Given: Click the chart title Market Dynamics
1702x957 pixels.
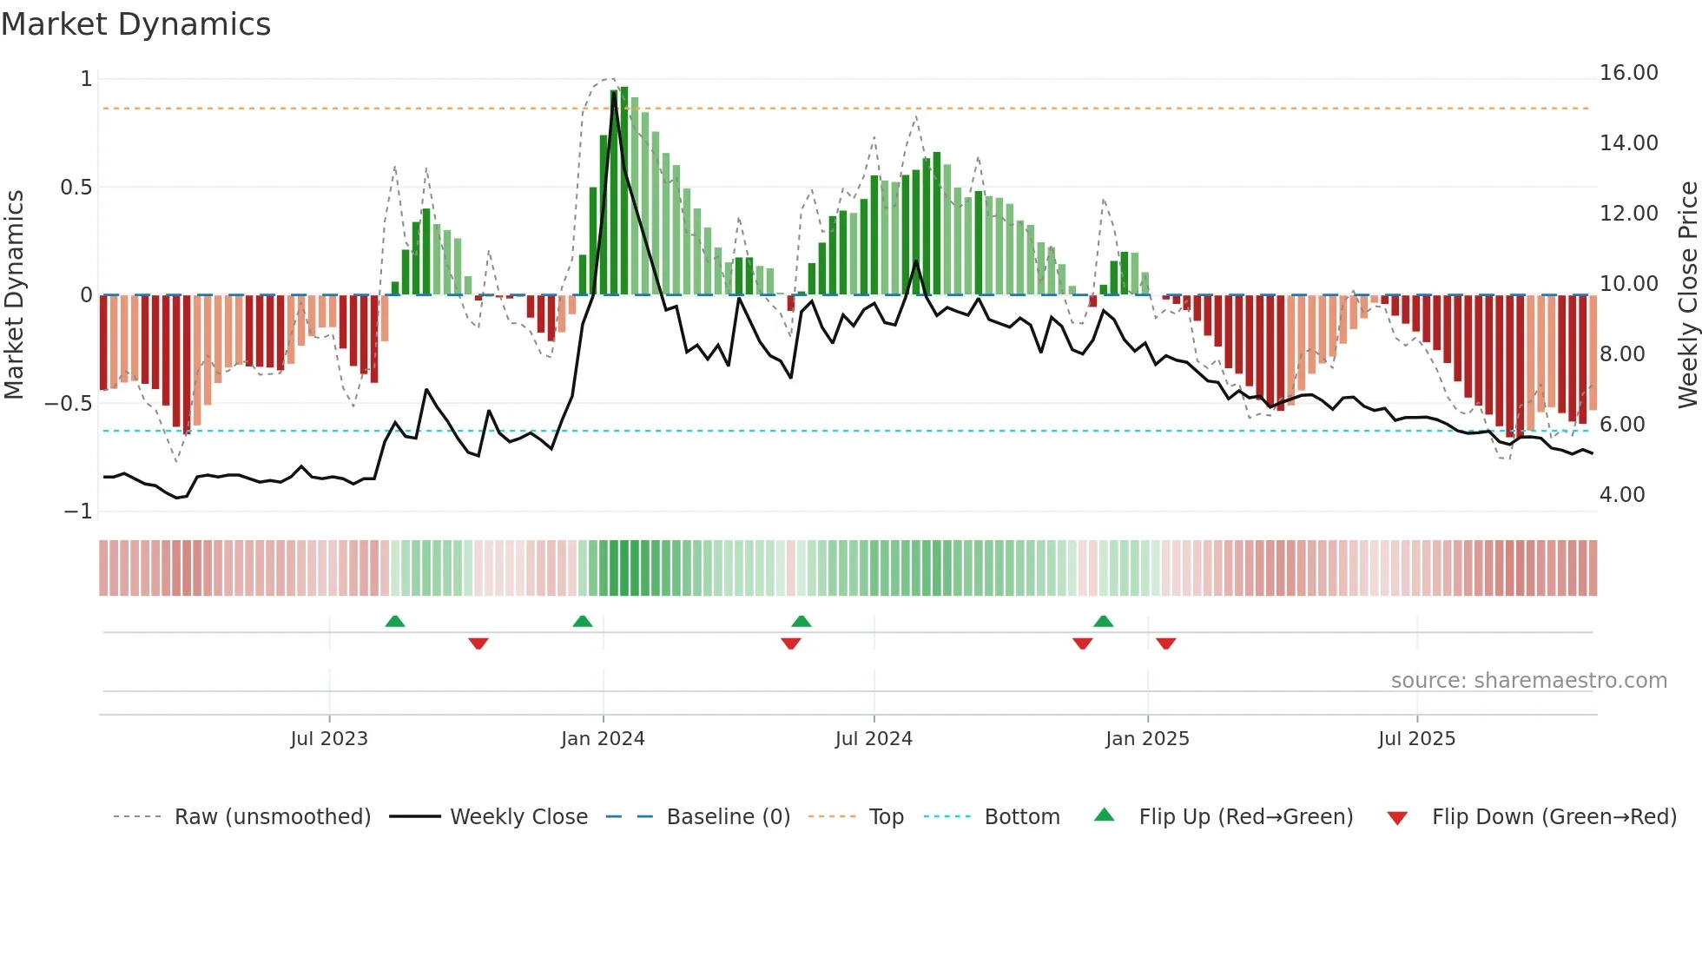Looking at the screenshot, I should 135,24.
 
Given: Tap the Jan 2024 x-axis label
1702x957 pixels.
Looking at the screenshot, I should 603,738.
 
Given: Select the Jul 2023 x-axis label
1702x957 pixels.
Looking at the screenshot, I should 329,738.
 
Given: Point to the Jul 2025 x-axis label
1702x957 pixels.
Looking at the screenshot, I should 1416,738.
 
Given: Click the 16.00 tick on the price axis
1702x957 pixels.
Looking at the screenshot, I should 1628,73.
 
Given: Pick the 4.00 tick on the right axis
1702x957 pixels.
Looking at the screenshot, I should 1622,494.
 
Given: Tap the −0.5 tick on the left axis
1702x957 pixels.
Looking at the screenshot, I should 68,403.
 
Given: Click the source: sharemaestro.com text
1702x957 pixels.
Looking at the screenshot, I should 1528,680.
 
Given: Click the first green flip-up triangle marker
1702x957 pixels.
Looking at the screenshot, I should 395,621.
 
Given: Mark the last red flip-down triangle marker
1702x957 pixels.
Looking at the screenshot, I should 1165,643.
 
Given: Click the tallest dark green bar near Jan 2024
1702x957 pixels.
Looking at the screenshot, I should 623,191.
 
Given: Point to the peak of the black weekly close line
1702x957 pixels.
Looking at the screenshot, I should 614,92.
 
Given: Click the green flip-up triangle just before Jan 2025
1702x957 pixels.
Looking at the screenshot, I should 1103,621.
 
